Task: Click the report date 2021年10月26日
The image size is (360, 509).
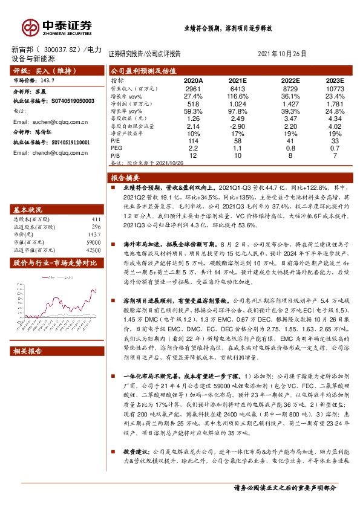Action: [286, 53]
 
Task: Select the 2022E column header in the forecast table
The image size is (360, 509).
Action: [290, 80]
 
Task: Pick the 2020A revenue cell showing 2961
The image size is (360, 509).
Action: [193, 88]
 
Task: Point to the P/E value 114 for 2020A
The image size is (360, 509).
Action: [193, 140]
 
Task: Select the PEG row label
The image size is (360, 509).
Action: [117, 148]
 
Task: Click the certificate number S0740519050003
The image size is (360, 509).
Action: [69, 101]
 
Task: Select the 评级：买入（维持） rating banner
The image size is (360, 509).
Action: [43, 71]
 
